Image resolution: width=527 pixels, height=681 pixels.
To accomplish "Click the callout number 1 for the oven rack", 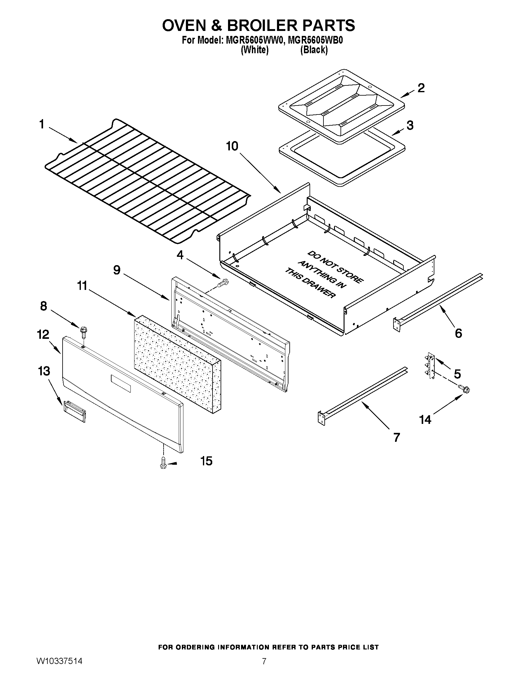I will (x=42, y=124).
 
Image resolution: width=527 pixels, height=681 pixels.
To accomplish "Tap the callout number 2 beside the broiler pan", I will (x=421, y=88).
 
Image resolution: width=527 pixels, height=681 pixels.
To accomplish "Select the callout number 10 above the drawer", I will (x=232, y=146).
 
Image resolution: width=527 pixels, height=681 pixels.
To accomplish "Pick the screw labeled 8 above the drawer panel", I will (x=84, y=331).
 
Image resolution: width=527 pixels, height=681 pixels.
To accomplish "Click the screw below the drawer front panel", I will (x=163, y=463).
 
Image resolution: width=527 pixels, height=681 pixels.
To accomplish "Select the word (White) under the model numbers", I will (x=255, y=50).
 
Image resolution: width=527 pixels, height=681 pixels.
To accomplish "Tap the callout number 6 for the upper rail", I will (x=458, y=333).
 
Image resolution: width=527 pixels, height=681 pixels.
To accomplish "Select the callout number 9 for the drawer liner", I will (x=117, y=270).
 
